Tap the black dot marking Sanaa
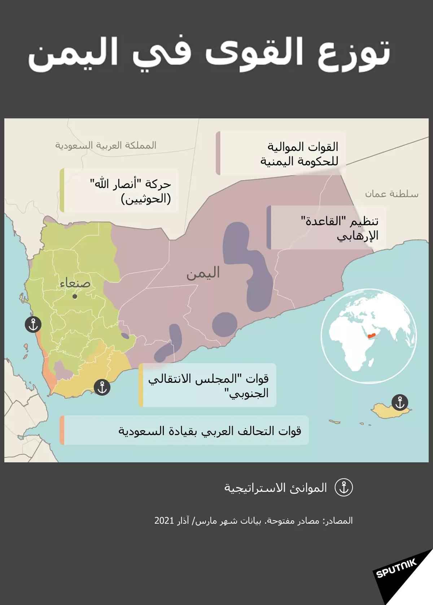(75, 297)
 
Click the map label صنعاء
(75, 284)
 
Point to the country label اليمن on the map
(203, 273)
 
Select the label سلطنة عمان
(392, 194)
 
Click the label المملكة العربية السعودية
(106, 145)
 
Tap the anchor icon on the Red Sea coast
(33, 325)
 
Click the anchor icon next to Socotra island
(400, 402)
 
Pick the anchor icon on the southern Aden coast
(102, 387)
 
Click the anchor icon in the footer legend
(344, 488)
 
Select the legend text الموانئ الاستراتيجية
(276, 488)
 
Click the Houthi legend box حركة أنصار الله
(119, 190)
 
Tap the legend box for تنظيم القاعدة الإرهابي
(327, 228)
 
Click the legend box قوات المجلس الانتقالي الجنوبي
(207, 385)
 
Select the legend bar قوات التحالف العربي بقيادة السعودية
(184, 430)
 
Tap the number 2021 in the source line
(164, 521)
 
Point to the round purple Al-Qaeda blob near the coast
(224, 324)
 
